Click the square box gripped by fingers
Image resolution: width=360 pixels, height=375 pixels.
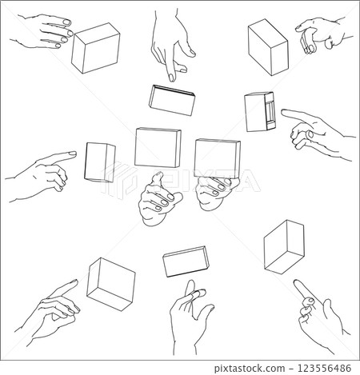click(218, 158)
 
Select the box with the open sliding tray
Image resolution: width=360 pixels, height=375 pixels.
click(259, 112)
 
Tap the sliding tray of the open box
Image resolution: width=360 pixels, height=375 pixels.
click(270, 111)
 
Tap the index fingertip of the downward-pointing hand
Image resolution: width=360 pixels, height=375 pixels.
click(172, 78)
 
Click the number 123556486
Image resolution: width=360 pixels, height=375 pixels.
click(324, 368)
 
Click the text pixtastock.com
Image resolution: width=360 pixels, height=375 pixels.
click(250, 369)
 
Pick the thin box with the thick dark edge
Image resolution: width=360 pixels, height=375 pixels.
click(172, 100)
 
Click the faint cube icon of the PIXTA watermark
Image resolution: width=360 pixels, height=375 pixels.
click(118, 179)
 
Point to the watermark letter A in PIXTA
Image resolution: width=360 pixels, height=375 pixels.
click(247, 181)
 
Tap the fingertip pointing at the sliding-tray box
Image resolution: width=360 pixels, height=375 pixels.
click(283, 112)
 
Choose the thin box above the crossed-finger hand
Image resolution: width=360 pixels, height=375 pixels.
click(186, 261)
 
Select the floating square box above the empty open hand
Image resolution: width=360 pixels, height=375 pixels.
click(158, 147)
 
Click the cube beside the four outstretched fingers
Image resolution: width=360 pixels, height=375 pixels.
click(96, 48)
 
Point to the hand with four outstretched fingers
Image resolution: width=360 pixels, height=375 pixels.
click(42, 31)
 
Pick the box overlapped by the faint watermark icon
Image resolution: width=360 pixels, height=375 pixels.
click(100, 162)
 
